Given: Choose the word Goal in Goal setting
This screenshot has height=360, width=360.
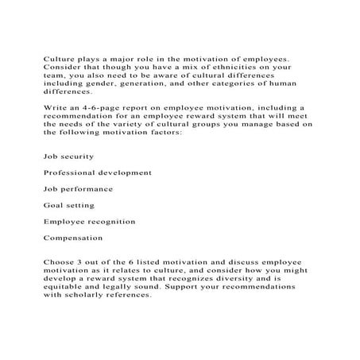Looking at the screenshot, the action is pyautogui.click(x=53, y=205).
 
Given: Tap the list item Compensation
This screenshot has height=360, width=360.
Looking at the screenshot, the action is pyautogui.click(x=74, y=237).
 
